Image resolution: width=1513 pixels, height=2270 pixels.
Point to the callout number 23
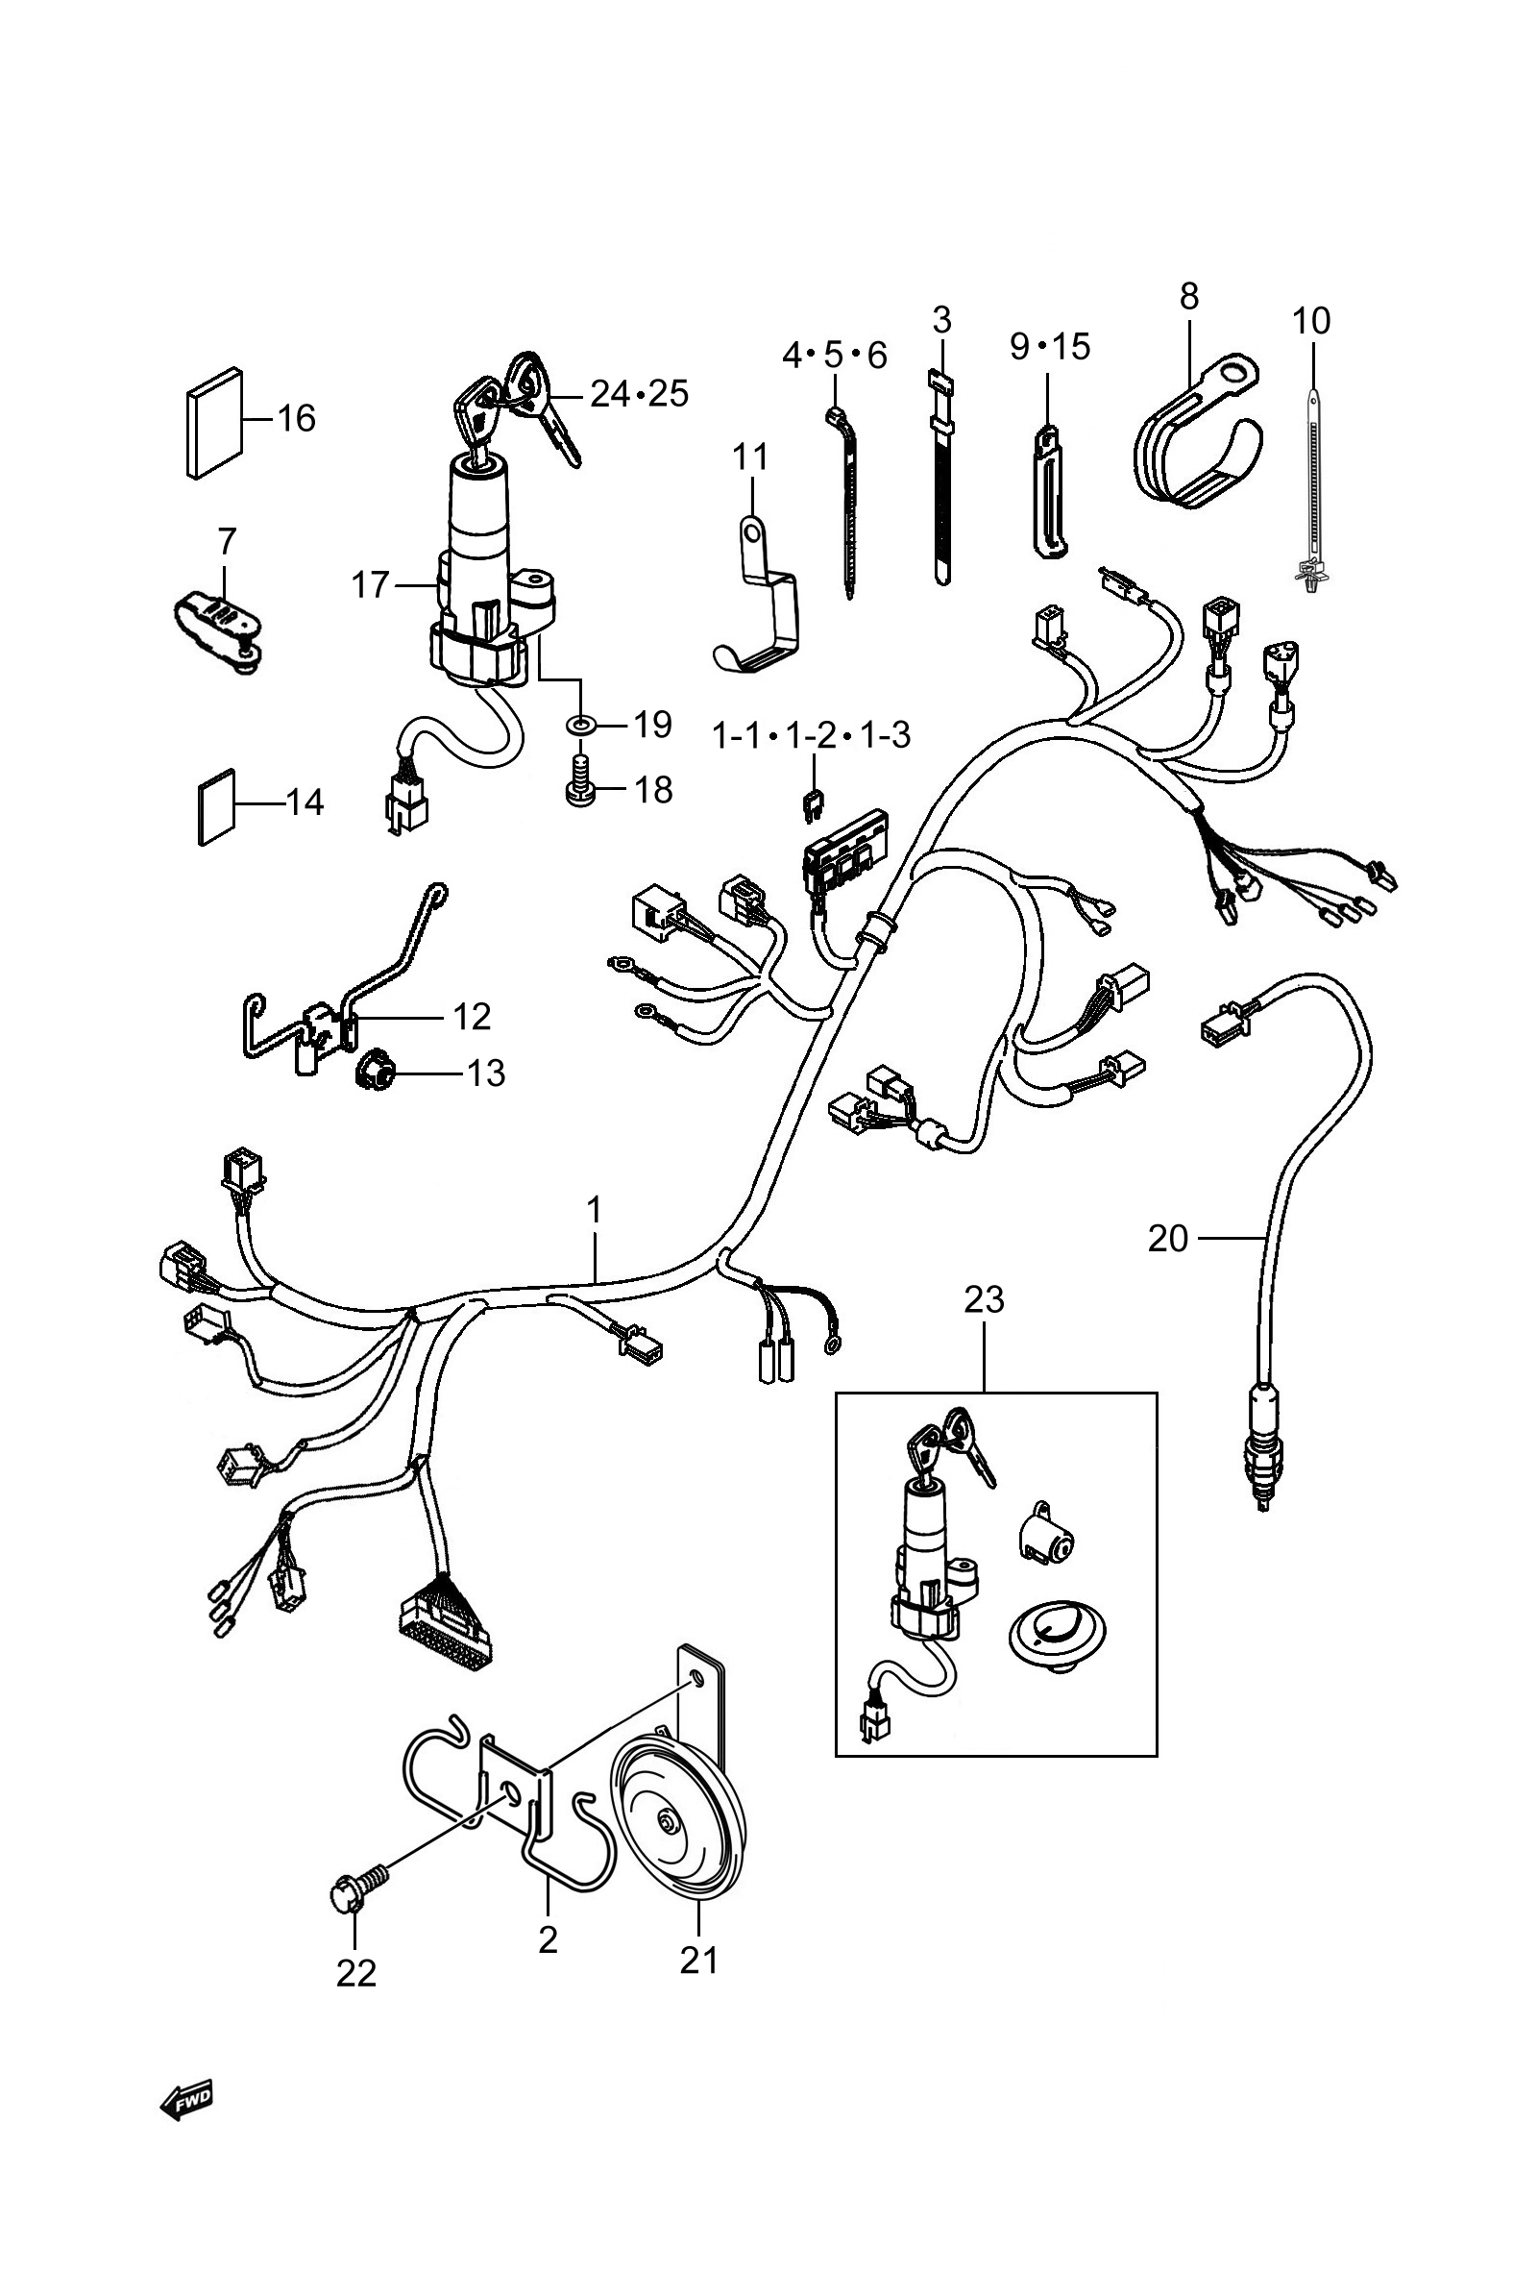pos(985,1299)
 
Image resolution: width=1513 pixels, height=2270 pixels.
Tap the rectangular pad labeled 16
pos(214,423)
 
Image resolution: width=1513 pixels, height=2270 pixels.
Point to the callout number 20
pos(1167,1237)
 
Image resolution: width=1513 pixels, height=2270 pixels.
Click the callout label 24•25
pos(639,394)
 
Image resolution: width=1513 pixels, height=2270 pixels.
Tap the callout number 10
pos(1311,319)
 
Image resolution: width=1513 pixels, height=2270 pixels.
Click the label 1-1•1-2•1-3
pos(811,735)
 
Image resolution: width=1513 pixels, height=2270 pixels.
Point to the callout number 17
pos(370,585)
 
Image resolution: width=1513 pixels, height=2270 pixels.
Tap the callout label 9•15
pos(1050,346)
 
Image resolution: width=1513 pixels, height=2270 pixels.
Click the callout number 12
pos(472,1016)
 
